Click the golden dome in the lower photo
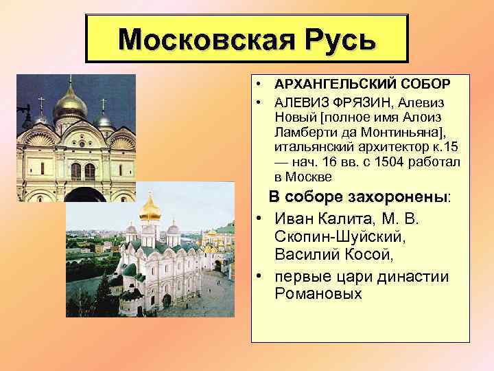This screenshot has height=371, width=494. coord(150,207)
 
